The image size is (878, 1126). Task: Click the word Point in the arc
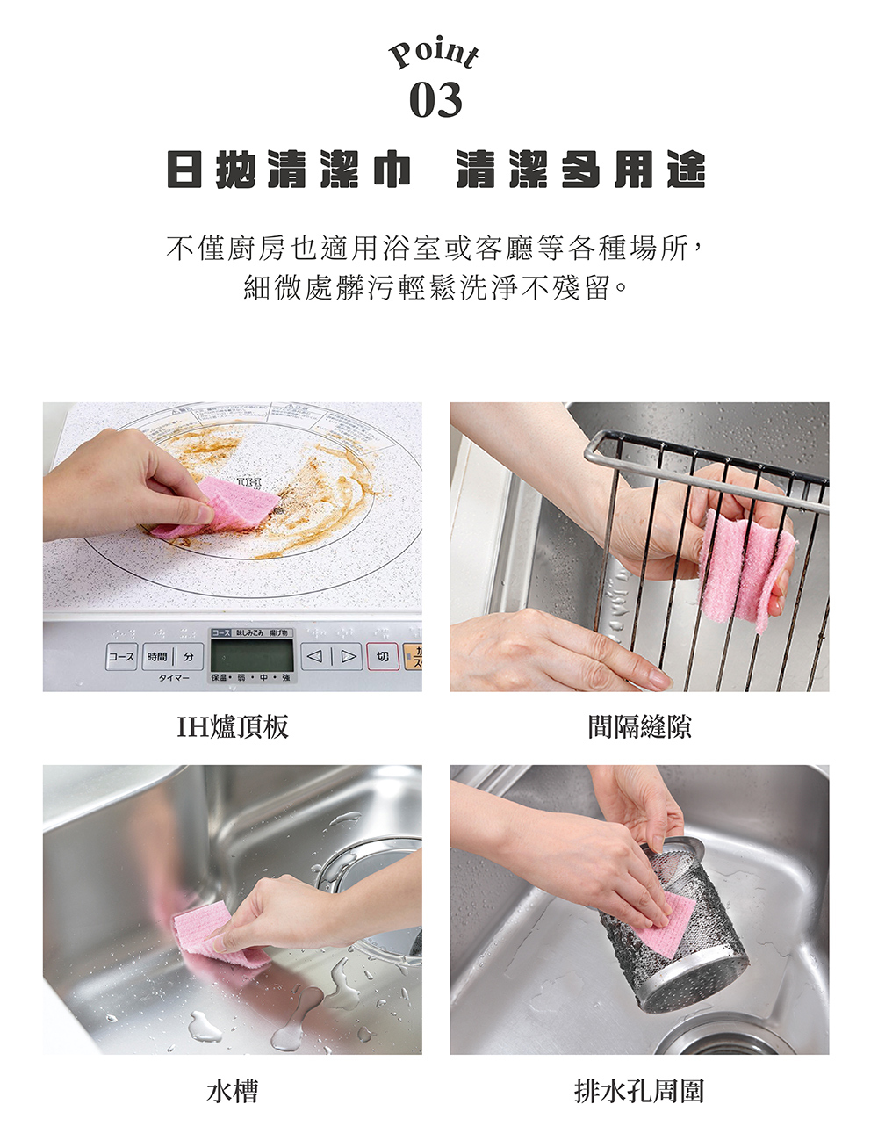435,55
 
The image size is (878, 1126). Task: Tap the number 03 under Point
435,101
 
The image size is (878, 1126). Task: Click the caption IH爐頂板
232,726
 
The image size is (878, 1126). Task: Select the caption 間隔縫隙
639,726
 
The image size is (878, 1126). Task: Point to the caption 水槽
232,1091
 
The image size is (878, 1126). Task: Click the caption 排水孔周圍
639,1091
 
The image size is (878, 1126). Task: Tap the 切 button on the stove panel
382,656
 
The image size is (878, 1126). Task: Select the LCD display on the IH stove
252,655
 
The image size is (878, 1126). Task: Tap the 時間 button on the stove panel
158,656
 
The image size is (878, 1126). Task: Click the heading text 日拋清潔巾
290,170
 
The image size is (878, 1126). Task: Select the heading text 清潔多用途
580,170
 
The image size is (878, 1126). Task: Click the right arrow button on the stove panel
349,656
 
